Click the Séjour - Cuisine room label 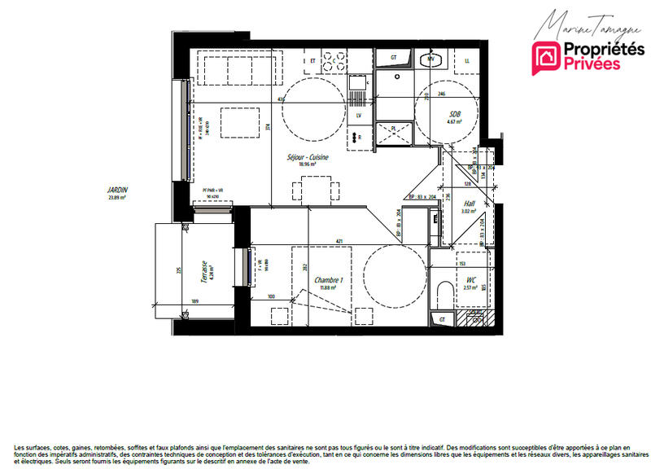click(x=308, y=157)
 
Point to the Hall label click(x=469, y=204)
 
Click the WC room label click(x=470, y=280)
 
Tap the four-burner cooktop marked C click(x=333, y=59)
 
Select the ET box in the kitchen click(x=312, y=59)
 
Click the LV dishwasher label click(x=358, y=116)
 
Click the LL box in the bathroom click(x=467, y=60)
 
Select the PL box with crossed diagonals click(x=392, y=133)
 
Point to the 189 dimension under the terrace click(x=194, y=301)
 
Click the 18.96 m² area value click(x=308, y=164)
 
